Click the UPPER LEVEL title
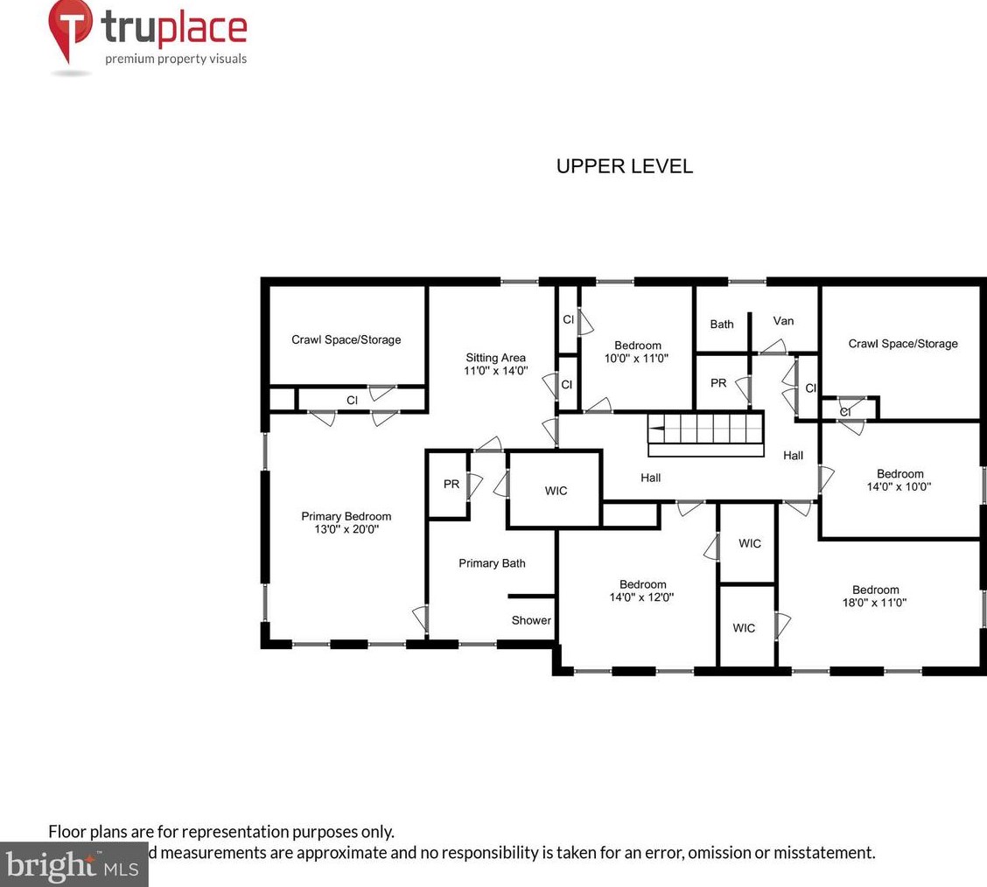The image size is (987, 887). (x=624, y=166)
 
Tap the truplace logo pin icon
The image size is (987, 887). (x=70, y=29)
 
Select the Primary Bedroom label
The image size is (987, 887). (x=346, y=516)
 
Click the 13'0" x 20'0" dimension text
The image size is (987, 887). (x=346, y=529)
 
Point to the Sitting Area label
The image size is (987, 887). (x=495, y=358)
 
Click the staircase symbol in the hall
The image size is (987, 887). (x=705, y=433)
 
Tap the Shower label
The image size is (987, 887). (x=531, y=620)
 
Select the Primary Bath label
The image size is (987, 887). (x=492, y=563)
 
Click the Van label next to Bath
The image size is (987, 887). (x=783, y=321)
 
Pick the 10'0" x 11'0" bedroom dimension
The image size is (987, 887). (x=637, y=358)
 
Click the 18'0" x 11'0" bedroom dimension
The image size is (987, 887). (x=875, y=603)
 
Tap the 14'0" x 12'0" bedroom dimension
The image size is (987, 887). (x=642, y=597)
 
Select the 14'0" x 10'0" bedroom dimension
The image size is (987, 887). (x=899, y=487)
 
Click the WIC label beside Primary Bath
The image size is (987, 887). (x=556, y=491)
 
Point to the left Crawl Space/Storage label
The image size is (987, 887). (x=346, y=339)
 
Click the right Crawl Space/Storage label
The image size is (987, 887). (x=902, y=344)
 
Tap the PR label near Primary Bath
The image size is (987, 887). (x=451, y=484)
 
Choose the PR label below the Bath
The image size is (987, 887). (x=717, y=383)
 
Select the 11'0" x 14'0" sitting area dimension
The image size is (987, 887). (x=495, y=371)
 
